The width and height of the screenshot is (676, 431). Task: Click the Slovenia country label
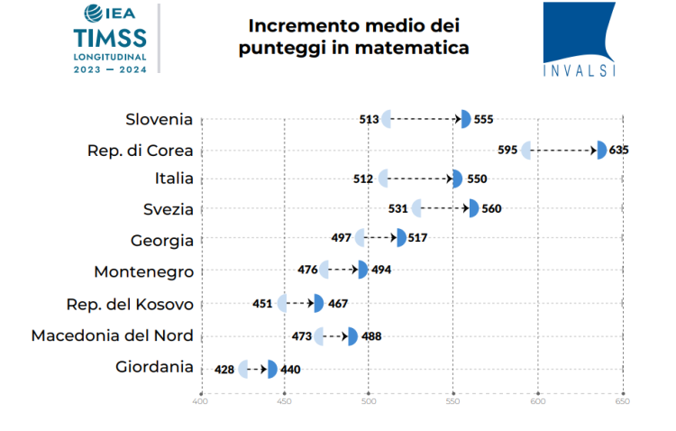pyautogui.click(x=160, y=118)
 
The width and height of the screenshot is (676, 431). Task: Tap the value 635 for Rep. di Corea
pyautogui.click(x=618, y=150)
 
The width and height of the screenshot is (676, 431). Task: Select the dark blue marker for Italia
pyautogui.click(x=458, y=179)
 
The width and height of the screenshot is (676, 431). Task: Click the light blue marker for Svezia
pyautogui.click(x=416, y=209)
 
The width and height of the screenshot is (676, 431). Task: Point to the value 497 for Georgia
pyautogui.click(x=342, y=239)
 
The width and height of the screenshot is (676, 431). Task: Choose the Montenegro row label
pyautogui.click(x=143, y=271)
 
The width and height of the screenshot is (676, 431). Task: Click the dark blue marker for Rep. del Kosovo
pyautogui.click(x=318, y=303)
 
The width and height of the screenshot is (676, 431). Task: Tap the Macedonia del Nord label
pyautogui.click(x=112, y=335)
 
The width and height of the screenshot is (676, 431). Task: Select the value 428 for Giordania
pyautogui.click(x=225, y=369)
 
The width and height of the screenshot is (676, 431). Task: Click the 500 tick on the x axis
pyautogui.click(x=369, y=401)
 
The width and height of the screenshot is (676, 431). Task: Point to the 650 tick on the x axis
pyautogui.click(x=622, y=401)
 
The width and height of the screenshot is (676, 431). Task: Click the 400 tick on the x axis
pyautogui.click(x=201, y=401)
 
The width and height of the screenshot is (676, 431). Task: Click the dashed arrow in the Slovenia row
pyautogui.click(x=425, y=119)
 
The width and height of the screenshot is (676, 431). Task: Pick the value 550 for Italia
pyautogui.click(x=476, y=179)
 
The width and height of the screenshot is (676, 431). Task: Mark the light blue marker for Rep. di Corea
pyautogui.click(x=527, y=150)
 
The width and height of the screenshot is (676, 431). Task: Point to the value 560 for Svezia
pyautogui.click(x=491, y=209)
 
